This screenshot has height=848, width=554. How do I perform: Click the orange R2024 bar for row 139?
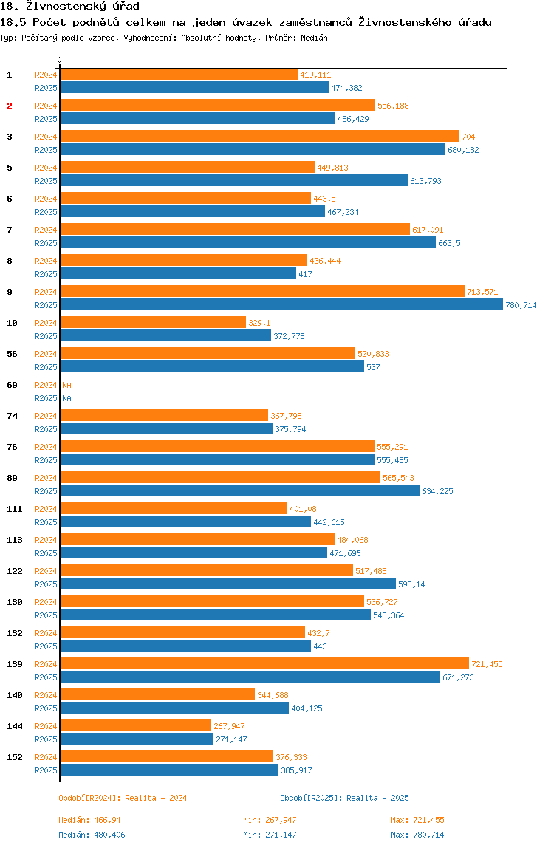point(264,663)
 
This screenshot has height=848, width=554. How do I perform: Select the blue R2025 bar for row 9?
point(281,304)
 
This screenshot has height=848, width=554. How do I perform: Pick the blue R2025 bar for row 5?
point(233,180)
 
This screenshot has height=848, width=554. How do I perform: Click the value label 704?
point(468,137)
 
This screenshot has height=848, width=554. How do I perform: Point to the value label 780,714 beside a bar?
point(521,305)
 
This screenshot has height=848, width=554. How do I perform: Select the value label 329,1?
point(259,323)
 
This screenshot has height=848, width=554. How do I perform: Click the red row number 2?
point(10,106)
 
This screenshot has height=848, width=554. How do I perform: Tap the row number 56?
point(12,354)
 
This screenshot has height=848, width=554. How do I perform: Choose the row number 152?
point(14,757)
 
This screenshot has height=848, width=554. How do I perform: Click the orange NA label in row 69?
point(66,385)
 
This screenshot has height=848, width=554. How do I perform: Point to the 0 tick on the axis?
point(60,60)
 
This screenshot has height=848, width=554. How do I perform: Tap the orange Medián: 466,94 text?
point(90,820)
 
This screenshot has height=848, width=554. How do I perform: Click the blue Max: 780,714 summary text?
point(417,835)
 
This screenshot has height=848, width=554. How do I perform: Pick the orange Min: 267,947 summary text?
point(270,820)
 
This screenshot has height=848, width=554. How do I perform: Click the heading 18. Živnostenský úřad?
point(69,7)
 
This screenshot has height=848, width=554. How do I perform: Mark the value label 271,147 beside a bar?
point(232,739)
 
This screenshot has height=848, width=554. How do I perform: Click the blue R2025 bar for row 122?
point(228,584)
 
